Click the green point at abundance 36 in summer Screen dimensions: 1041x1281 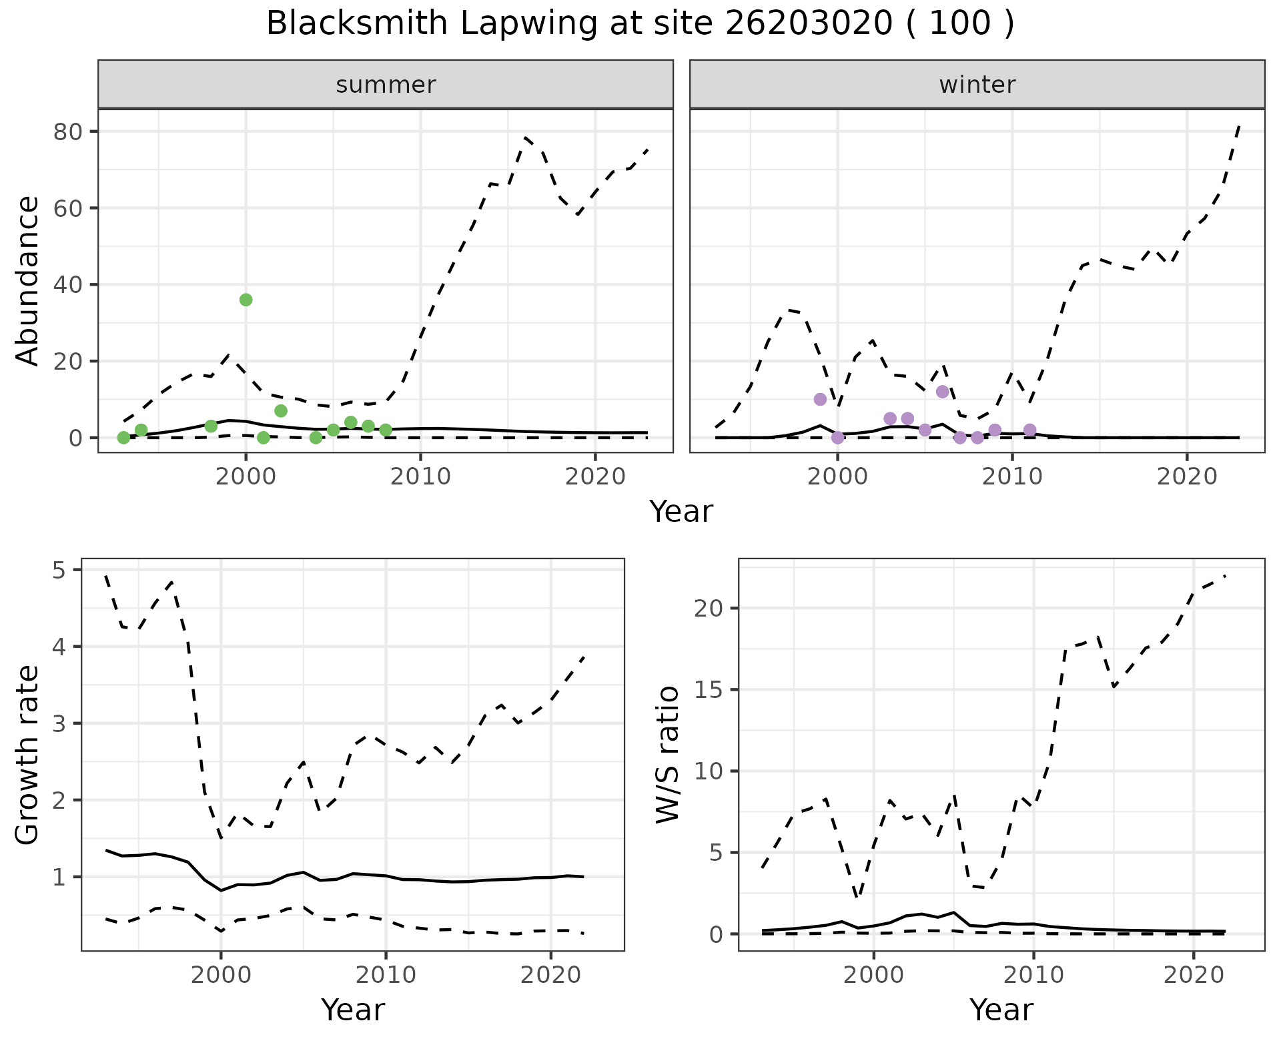(x=246, y=300)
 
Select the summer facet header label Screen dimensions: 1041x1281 (x=386, y=85)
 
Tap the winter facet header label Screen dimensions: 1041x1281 (x=977, y=85)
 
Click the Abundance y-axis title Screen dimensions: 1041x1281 (x=28, y=281)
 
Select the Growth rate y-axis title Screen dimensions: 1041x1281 (x=28, y=755)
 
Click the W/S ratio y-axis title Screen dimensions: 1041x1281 (x=667, y=755)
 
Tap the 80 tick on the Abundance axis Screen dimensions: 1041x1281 (x=67, y=131)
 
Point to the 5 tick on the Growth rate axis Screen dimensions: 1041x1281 (x=59, y=570)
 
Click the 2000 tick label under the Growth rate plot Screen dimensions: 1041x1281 (x=221, y=975)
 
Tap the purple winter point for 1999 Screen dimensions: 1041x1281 (x=820, y=399)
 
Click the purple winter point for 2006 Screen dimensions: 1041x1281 (x=942, y=392)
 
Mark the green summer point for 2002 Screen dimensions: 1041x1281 (x=281, y=410)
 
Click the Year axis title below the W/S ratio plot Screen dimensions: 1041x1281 (x=1001, y=1010)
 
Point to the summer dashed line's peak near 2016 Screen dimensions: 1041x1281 (x=526, y=137)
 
